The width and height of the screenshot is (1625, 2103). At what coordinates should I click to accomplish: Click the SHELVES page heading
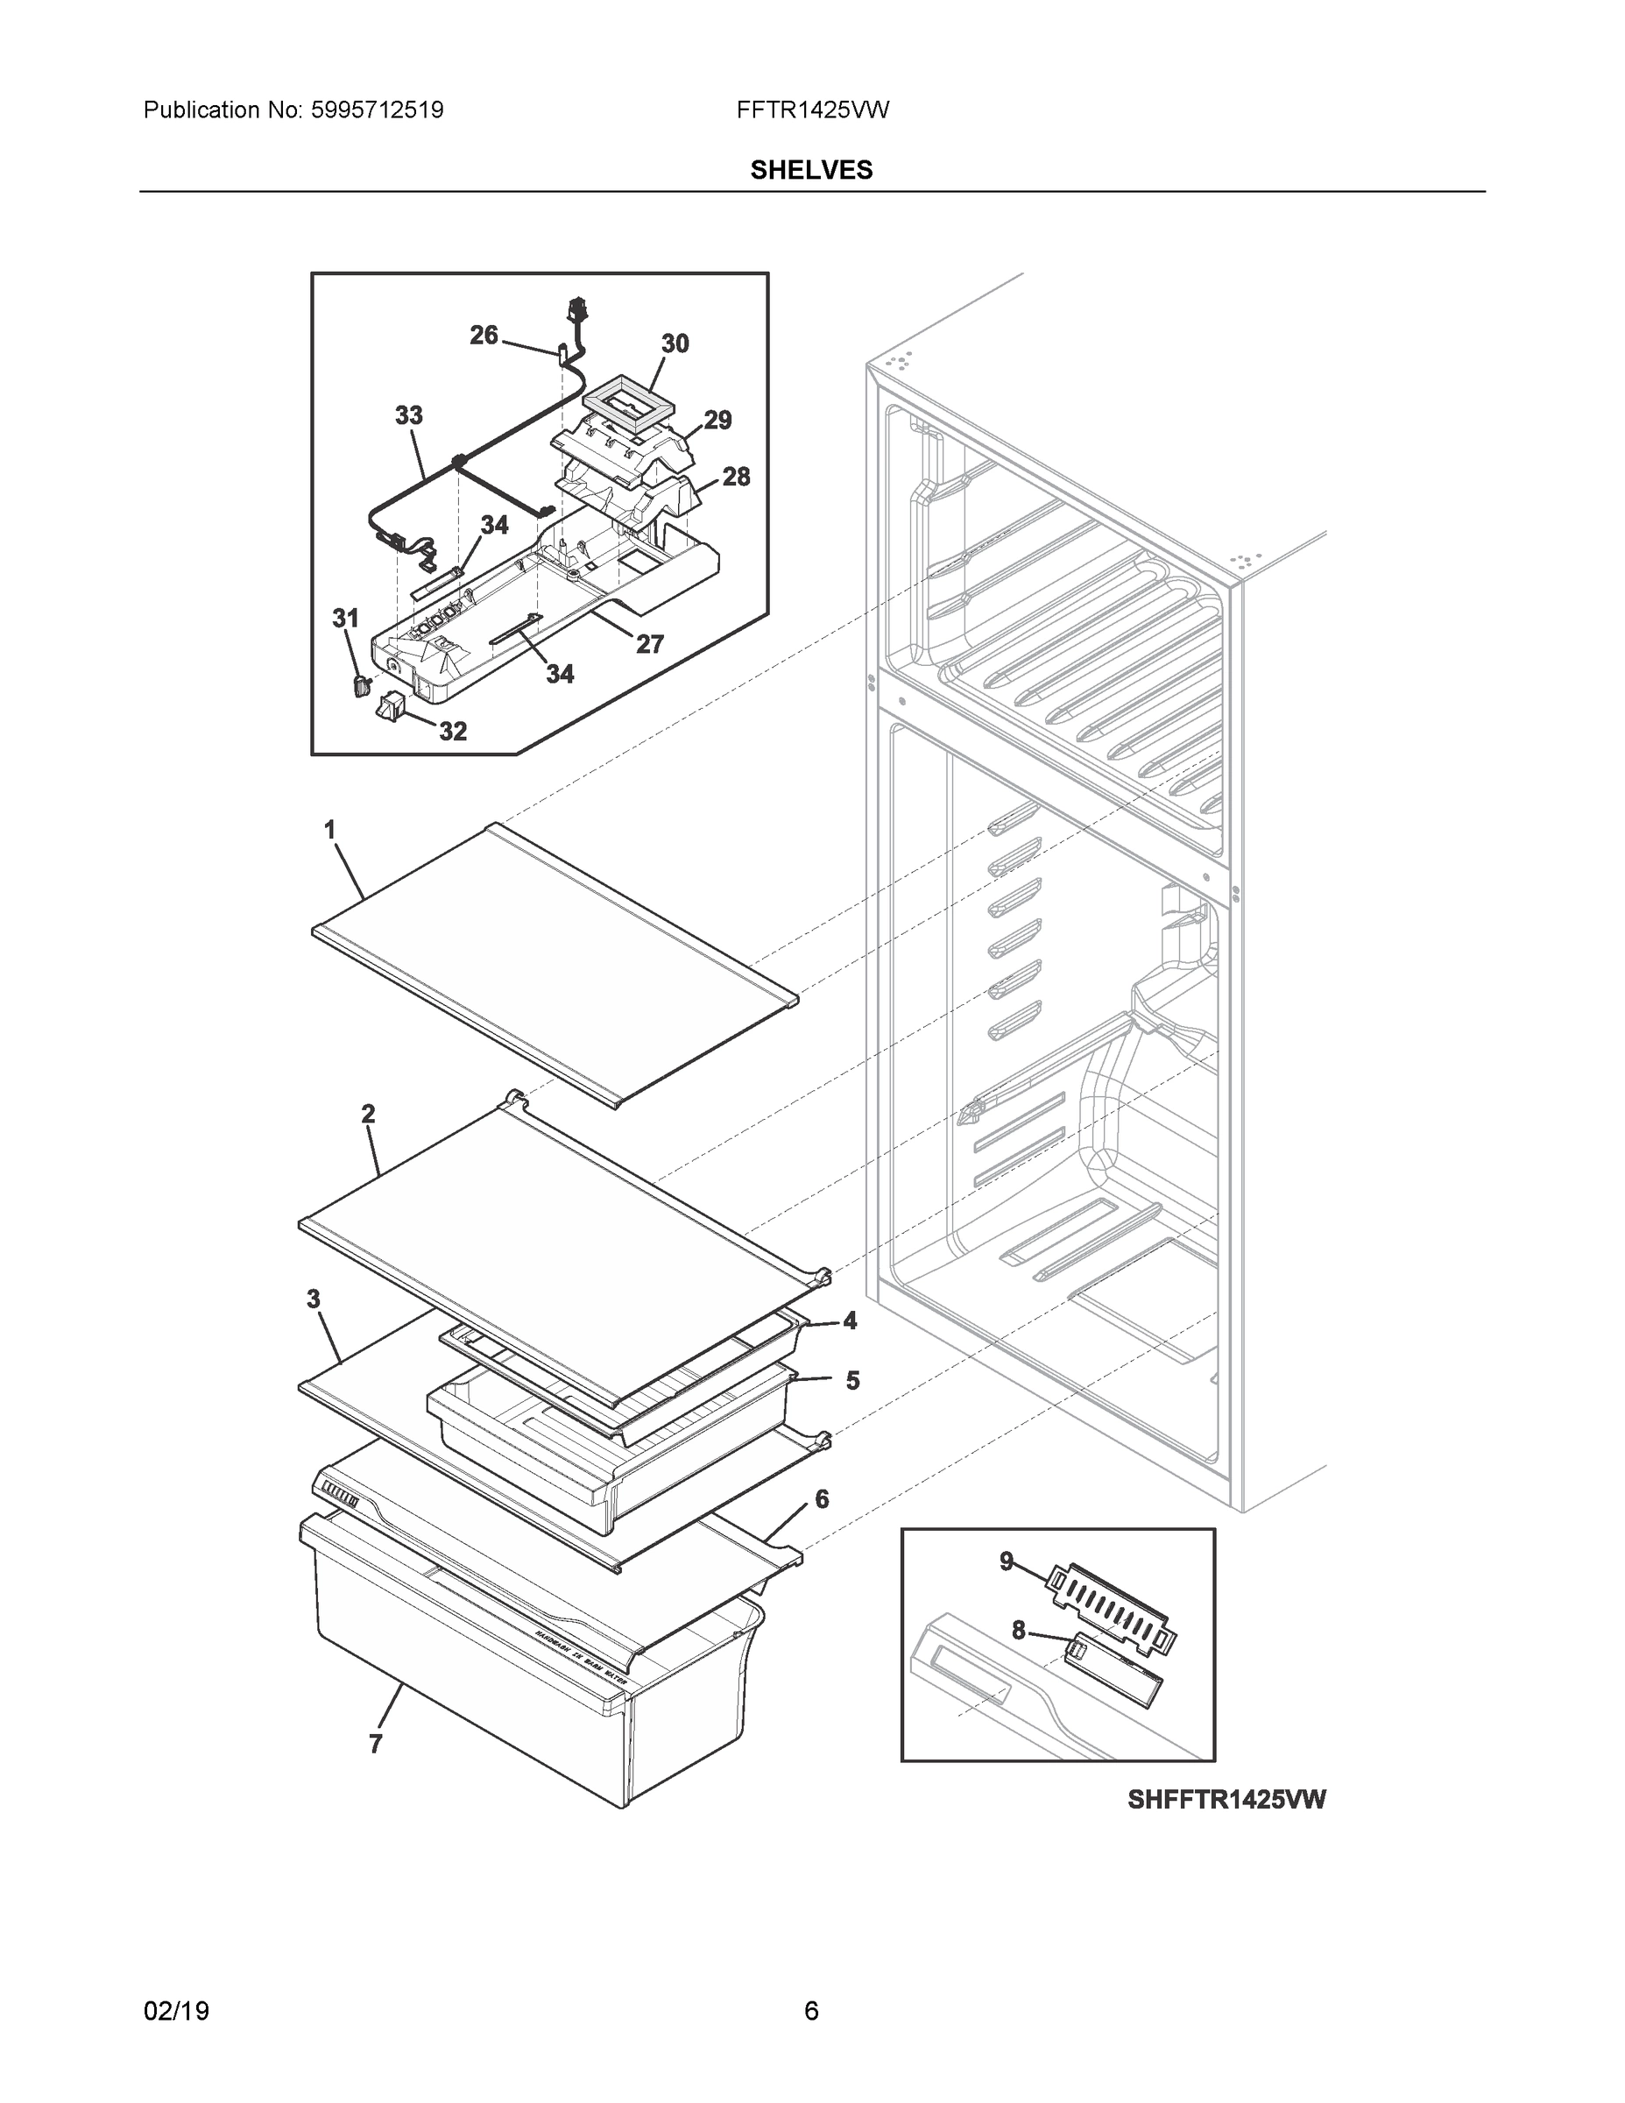810,171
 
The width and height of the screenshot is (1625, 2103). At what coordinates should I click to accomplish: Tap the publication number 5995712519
377,110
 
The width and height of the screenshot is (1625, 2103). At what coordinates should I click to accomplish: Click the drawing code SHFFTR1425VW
1226,1800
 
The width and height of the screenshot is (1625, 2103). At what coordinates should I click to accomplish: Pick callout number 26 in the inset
484,335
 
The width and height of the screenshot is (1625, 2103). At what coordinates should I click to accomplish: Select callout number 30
675,343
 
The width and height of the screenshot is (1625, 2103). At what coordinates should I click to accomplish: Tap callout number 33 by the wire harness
408,416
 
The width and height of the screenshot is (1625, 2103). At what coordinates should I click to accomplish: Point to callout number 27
650,644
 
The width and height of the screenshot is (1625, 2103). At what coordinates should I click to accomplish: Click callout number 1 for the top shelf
329,829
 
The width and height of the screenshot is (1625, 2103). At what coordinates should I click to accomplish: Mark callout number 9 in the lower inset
1006,1561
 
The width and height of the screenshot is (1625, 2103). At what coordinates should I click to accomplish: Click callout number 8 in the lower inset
1019,1630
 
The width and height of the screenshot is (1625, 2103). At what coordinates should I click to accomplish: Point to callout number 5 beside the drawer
852,1381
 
